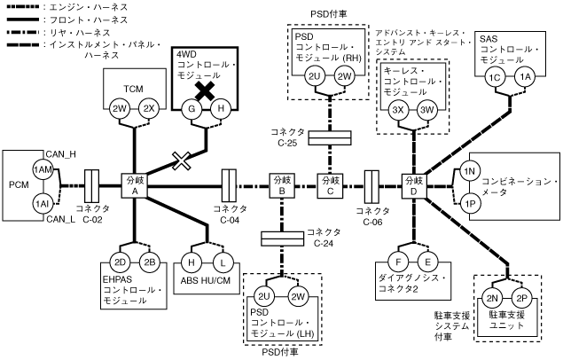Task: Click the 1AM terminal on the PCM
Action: (41, 168)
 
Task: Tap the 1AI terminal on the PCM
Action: (41, 203)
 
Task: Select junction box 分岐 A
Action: (134, 186)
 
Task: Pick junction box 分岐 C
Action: (329, 186)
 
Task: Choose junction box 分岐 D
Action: (413, 186)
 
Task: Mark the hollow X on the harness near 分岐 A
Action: (183, 160)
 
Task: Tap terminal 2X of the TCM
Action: (150, 108)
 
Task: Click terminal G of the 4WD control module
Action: (190, 108)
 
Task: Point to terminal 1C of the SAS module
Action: (497, 78)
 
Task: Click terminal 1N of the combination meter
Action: (471, 170)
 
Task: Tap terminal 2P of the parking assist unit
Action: (521, 298)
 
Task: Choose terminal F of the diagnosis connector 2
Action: (400, 262)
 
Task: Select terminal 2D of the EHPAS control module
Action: (121, 262)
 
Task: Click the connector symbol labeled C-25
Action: (329, 137)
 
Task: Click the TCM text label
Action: (134, 89)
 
